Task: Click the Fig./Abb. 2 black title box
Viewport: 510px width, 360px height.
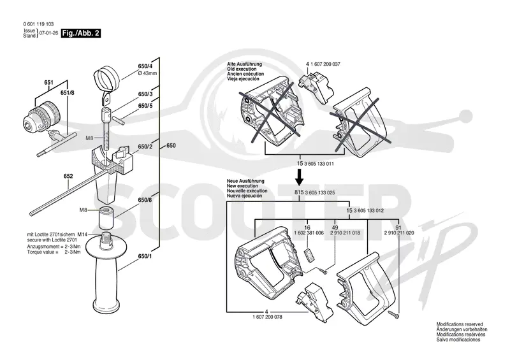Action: point(81,33)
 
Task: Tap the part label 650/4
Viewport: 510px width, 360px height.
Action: point(145,66)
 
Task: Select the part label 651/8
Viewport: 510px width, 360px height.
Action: point(68,92)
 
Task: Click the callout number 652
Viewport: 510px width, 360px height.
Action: point(68,176)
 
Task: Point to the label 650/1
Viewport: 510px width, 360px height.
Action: point(145,256)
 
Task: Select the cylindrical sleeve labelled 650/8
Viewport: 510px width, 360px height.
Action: point(106,218)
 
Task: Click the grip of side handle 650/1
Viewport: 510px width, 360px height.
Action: point(105,282)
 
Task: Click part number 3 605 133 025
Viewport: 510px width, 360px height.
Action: point(320,193)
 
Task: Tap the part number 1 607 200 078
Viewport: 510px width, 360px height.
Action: point(267,317)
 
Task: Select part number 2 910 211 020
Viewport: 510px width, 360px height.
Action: point(399,233)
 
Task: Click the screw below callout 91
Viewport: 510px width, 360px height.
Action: point(393,314)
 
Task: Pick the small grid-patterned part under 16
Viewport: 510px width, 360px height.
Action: point(309,255)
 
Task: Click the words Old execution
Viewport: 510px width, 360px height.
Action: point(242,69)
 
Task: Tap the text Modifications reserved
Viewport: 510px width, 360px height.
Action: point(460,324)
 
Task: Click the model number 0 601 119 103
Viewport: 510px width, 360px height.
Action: point(38,24)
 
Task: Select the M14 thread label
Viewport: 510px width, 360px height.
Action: point(82,234)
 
